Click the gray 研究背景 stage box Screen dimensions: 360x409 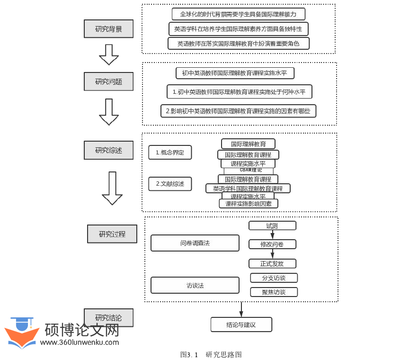(108, 29)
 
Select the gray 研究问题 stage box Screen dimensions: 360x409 (108, 81)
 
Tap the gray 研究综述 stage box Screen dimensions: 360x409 (108, 150)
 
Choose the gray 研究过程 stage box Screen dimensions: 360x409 (112, 234)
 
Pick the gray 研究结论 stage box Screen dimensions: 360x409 (108, 318)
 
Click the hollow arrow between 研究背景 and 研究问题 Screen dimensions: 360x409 (108, 54)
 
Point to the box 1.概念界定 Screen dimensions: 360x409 (170, 153)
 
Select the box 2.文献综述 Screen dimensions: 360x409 (170, 184)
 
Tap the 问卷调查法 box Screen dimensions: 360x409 (195, 243)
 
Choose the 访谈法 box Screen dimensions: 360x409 (195, 285)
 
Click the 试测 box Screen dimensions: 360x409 (272, 226)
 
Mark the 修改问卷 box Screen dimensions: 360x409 (272, 244)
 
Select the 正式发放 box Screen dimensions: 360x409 (272, 263)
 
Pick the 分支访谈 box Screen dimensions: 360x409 (274, 278)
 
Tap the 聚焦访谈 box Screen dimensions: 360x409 (274, 292)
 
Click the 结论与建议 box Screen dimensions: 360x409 (241, 324)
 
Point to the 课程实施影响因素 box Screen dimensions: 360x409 (249, 204)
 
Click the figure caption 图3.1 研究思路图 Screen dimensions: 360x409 (211, 354)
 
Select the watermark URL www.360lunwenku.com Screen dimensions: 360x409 (80, 342)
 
